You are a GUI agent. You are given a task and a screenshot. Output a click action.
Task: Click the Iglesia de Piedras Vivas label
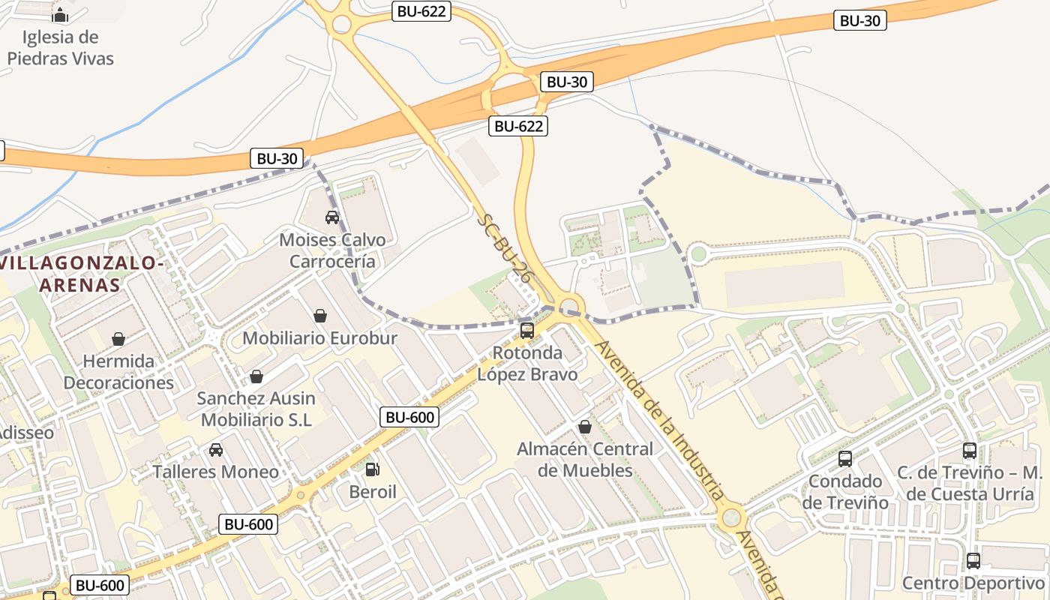point(61,47)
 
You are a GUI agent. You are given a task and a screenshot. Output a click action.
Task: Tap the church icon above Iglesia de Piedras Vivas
point(60,15)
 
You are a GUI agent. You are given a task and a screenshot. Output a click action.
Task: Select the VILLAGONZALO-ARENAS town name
point(82,274)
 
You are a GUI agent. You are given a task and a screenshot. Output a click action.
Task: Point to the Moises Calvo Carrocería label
point(332,250)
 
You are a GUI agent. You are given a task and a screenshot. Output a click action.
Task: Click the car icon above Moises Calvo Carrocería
point(332,217)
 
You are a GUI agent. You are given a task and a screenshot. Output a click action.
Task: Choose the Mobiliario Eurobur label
point(319,338)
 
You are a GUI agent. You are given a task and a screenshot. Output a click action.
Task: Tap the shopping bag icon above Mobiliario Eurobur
point(320,316)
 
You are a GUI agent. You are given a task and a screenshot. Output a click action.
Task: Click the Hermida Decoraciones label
point(118,372)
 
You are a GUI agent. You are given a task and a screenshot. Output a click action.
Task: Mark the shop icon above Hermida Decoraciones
point(118,339)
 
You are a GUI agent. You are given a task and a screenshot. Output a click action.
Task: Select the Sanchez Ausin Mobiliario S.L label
point(256,409)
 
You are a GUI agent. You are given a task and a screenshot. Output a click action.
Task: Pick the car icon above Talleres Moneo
point(216,450)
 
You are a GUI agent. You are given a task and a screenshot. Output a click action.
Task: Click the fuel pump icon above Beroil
point(372,470)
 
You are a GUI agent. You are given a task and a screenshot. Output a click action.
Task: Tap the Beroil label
point(373,492)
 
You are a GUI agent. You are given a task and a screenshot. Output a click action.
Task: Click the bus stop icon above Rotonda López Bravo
point(527,331)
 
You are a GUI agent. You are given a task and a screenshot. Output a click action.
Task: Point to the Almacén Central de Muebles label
point(585,460)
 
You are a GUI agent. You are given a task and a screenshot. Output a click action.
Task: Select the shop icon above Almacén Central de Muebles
point(585,427)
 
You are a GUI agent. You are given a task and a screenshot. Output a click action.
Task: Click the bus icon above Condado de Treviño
point(845,459)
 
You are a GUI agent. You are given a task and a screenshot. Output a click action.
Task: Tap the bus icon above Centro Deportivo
point(973,561)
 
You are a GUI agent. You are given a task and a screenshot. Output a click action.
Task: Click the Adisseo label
point(27,433)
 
